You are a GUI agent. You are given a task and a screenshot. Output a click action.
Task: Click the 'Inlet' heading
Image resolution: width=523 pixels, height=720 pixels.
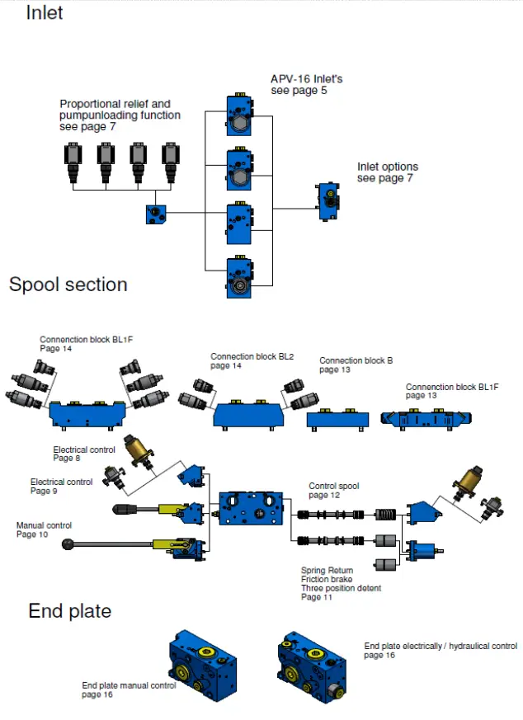tap(44, 12)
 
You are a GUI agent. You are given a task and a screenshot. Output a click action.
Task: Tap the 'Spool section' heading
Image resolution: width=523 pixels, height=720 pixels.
tap(68, 285)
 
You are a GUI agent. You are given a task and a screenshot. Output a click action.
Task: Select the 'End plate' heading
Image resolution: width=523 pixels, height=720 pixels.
tap(70, 611)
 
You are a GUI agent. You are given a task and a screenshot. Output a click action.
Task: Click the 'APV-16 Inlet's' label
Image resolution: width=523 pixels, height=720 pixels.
tap(306, 79)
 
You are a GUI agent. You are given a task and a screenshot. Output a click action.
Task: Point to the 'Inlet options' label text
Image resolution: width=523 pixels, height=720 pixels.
tap(388, 167)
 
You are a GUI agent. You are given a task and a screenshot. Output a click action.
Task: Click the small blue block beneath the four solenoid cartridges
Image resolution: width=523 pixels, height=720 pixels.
tap(156, 214)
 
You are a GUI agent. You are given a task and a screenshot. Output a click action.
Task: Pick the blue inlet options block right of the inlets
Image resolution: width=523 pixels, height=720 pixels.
tap(328, 202)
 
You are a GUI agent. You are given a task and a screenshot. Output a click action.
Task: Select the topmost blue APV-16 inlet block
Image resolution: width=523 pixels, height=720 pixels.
tap(239, 115)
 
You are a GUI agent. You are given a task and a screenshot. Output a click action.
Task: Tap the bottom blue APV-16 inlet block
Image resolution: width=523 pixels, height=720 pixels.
tap(239, 277)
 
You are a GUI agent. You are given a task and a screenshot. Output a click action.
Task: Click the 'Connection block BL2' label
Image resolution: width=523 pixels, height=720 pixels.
tap(252, 356)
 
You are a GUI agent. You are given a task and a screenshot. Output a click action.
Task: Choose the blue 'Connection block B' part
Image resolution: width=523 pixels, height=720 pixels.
tap(337, 420)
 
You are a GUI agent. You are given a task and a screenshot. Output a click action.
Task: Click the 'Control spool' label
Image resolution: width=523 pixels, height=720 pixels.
tap(334, 486)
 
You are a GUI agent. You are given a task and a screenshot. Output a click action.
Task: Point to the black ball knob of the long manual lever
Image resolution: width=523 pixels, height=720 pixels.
tap(68, 544)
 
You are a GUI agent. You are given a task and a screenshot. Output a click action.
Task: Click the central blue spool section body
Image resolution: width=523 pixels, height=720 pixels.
tap(251, 508)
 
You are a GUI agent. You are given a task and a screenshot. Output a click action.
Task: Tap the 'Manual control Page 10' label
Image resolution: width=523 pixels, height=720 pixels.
tap(44, 529)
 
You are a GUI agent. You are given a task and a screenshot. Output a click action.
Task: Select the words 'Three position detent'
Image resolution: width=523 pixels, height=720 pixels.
tap(342, 588)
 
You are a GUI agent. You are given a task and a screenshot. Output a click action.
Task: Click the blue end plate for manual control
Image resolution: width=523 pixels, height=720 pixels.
tap(202, 665)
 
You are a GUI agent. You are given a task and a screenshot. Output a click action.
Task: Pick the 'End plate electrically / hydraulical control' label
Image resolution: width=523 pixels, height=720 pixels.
tap(441, 646)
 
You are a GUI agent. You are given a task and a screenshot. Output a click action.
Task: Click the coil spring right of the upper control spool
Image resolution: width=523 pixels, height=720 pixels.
tap(385, 515)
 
